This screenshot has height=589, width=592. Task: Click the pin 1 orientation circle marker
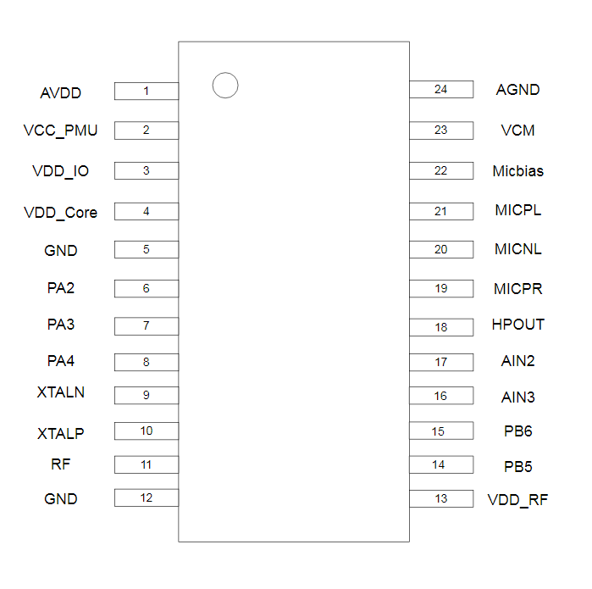(x=225, y=86)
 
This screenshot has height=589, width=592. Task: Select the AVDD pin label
(x=61, y=92)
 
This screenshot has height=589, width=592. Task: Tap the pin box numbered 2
(x=147, y=131)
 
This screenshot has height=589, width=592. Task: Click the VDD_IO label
(x=61, y=171)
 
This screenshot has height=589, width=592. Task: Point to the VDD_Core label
(x=61, y=213)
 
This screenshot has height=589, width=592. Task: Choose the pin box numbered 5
(x=147, y=250)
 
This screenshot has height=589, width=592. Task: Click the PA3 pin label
(x=61, y=325)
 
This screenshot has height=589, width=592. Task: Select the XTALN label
(x=61, y=393)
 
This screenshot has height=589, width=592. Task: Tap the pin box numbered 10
(x=147, y=431)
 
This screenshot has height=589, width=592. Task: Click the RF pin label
(x=61, y=464)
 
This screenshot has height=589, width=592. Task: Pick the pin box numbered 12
(x=147, y=498)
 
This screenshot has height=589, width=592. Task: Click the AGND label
(x=518, y=90)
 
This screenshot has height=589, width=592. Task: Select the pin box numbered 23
(x=441, y=131)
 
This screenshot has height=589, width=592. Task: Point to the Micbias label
(x=518, y=171)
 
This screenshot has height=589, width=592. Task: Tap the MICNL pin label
(x=518, y=250)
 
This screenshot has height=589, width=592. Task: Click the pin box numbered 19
(x=441, y=289)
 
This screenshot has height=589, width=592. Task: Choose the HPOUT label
(x=518, y=325)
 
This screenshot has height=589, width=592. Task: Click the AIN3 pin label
(x=518, y=397)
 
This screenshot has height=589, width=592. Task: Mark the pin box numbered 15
(x=441, y=431)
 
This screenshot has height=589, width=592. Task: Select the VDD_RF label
(x=518, y=500)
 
